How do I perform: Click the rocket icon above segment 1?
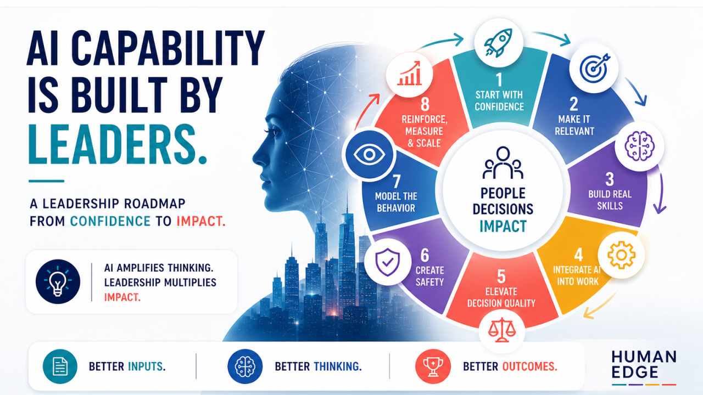pyautogui.click(x=498, y=43)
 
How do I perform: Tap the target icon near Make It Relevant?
pyautogui.click(x=594, y=68)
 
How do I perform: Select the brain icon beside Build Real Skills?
pyautogui.click(x=639, y=146)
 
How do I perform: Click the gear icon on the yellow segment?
pyautogui.click(x=621, y=255)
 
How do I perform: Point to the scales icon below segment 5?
pyautogui.click(x=502, y=330)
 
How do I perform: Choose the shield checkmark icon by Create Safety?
pyautogui.click(x=388, y=262)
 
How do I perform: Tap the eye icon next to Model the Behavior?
pyautogui.click(x=370, y=155)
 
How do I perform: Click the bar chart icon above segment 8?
pyautogui.click(x=410, y=74)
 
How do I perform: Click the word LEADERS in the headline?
pyautogui.click(x=118, y=145)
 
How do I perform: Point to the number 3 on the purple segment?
pyautogui.click(x=610, y=179)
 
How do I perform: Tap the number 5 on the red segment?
pyautogui.click(x=501, y=276)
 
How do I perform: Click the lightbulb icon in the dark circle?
pyautogui.click(x=58, y=281)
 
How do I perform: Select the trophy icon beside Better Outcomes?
pyautogui.click(x=433, y=367)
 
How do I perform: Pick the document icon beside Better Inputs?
pyautogui.click(x=60, y=366)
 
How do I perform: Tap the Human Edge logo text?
pyautogui.click(x=644, y=365)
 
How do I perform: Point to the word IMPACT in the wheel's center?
pyautogui.click(x=503, y=227)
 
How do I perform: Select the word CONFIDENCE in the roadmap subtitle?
pyautogui.click(x=110, y=221)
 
